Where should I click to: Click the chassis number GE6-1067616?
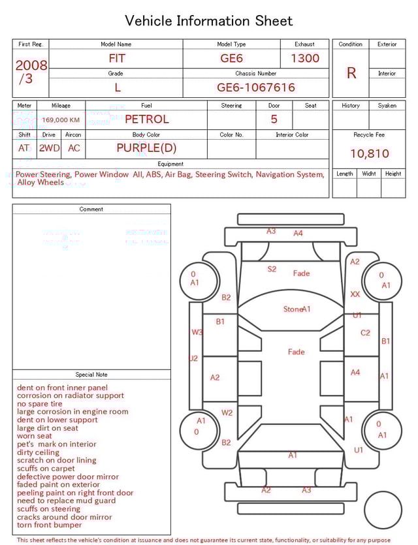tap(256, 87)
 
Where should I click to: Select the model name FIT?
tap(117, 58)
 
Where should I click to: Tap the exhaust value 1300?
tap(305, 58)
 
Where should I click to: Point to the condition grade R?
tap(351, 73)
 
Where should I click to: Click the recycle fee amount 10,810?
tap(370, 153)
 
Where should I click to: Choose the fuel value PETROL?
tap(147, 119)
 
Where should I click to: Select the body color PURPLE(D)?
tap(146, 148)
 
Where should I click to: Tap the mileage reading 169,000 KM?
tap(61, 120)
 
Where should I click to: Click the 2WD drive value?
tap(50, 148)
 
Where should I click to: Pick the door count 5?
tap(274, 119)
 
